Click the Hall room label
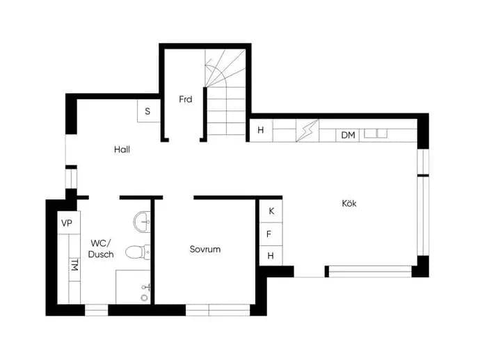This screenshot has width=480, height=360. [122, 149]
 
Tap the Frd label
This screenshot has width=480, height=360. [186, 99]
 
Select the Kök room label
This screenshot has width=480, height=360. [349, 203]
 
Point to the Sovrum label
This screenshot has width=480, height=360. [205, 249]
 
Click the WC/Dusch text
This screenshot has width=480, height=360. [101, 249]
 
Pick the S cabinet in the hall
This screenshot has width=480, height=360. [148, 111]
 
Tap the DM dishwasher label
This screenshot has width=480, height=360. [348, 135]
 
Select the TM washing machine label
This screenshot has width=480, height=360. [74, 265]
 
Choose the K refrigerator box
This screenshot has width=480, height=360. [271, 211]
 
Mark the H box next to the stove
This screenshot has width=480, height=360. [261, 130]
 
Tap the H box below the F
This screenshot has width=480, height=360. [271, 255]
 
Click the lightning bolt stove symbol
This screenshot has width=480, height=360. [307, 131]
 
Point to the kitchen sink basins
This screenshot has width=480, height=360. [376, 133]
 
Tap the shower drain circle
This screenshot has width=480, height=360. [144, 297]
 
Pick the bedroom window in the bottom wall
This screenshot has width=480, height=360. [218, 310]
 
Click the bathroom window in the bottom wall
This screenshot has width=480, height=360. [97, 310]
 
